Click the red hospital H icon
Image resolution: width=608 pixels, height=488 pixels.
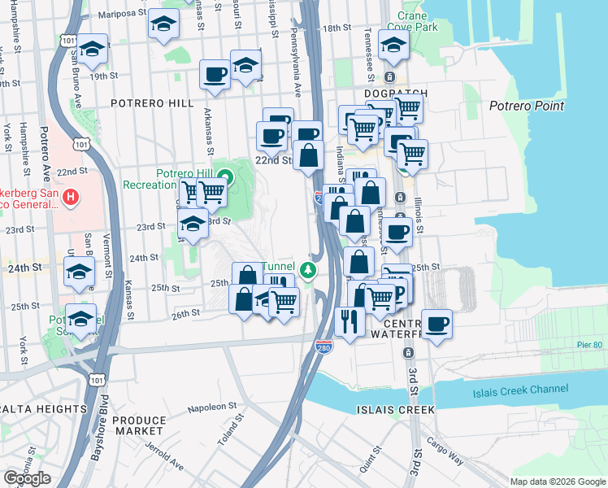click(x=72, y=196)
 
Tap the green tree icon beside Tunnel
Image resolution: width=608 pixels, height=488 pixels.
click(x=307, y=270)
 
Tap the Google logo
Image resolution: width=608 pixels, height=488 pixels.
click(x=27, y=478)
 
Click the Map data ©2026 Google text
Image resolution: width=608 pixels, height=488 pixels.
click(x=557, y=481)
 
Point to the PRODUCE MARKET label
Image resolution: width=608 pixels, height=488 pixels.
click(x=139, y=425)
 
